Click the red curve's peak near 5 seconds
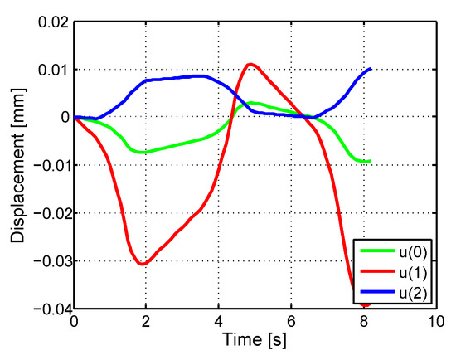tap(250, 64)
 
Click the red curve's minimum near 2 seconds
tap(143, 264)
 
